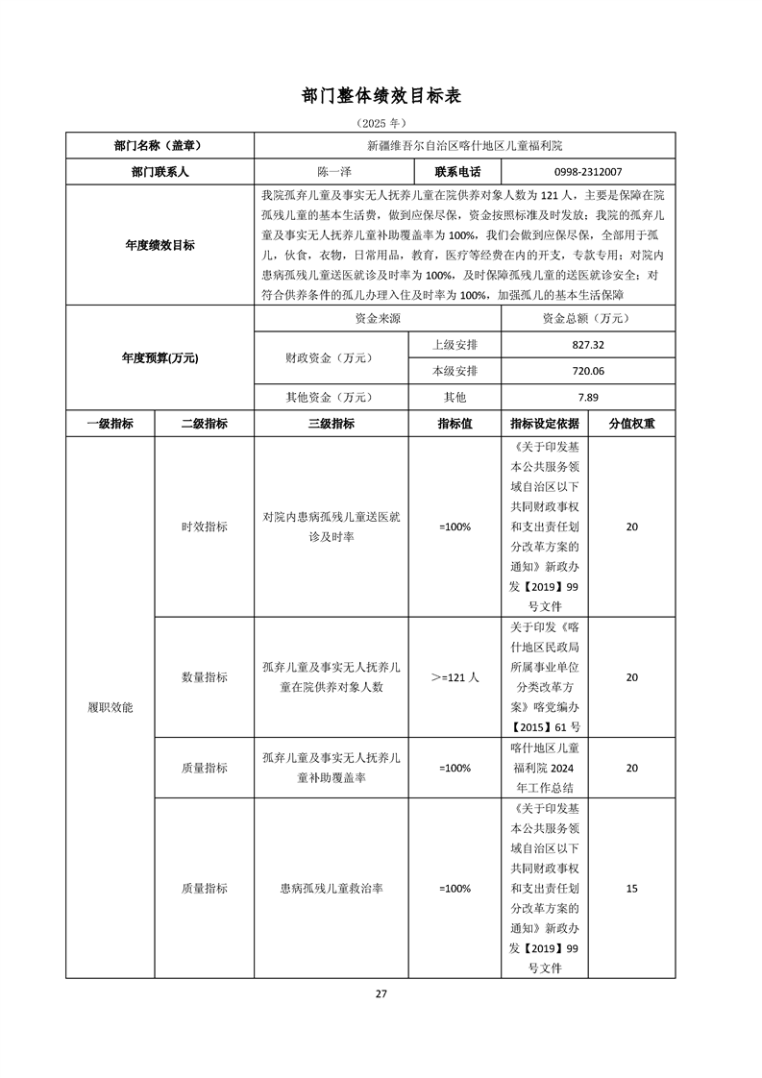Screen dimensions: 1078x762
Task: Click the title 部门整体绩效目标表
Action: coord(381,97)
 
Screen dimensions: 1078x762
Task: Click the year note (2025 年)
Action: coord(381,124)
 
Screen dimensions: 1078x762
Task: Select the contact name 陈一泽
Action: coord(332,172)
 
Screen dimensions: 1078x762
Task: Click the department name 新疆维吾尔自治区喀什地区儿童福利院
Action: coord(465,146)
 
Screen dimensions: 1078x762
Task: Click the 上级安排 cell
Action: coord(455,345)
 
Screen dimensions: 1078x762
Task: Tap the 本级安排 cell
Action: coord(455,371)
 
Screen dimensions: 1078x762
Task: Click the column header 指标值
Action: coord(455,424)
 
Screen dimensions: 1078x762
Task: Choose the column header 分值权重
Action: coord(631,424)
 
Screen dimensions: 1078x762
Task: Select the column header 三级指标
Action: coord(332,424)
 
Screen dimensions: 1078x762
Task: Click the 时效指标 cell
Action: coord(205,527)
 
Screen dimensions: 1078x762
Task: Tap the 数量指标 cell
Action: coord(205,677)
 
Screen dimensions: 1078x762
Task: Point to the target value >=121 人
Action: coord(455,677)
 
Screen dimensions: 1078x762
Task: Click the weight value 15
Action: coord(631,889)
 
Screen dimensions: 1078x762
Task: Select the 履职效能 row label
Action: coord(111,707)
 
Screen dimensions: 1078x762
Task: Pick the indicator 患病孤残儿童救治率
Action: coord(332,889)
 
